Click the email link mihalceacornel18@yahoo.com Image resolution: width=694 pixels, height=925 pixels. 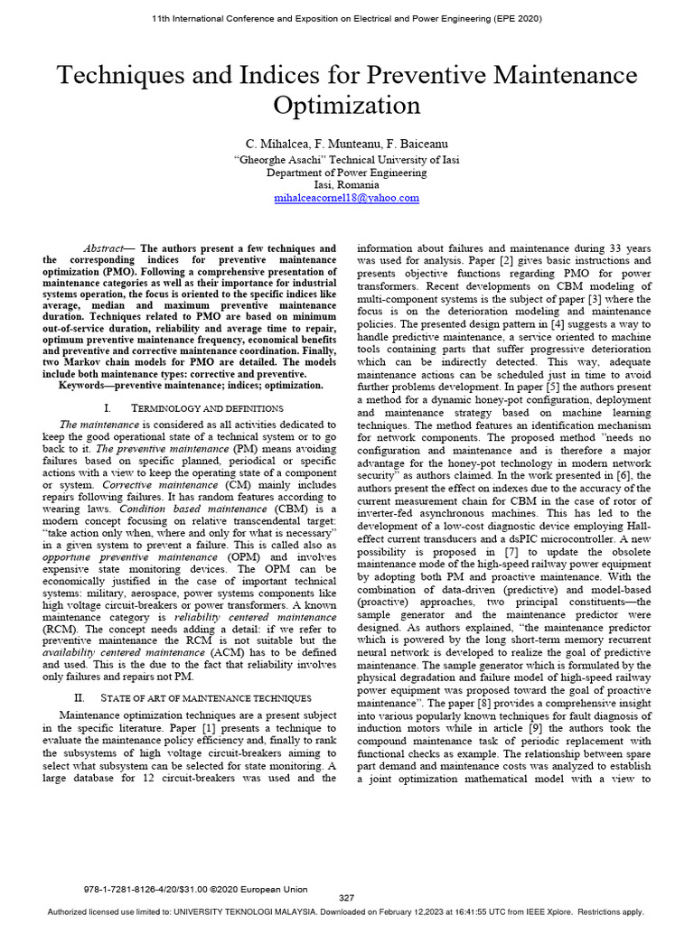[346, 197]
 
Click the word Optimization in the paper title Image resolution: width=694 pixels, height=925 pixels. [346, 105]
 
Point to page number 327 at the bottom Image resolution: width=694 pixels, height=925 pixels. [346, 897]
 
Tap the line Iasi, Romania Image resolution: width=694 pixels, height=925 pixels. [346, 184]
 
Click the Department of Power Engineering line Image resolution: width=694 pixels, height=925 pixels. [346, 172]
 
